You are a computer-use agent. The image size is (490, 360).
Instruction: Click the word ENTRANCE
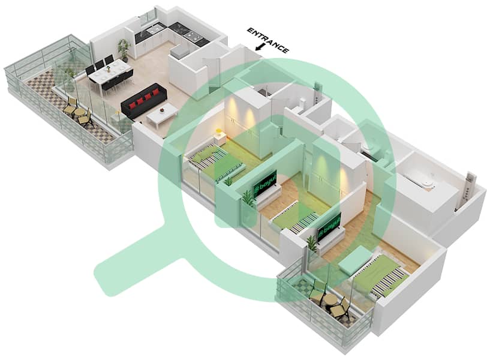pyautogui.click(x=268, y=40)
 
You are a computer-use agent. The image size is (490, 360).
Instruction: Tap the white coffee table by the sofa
pyautogui.click(x=162, y=113)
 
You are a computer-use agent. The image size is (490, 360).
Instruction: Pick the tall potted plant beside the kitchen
pyautogui.click(x=124, y=48)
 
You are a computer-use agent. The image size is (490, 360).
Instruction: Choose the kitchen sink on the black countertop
pyautogui.click(x=154, y=28)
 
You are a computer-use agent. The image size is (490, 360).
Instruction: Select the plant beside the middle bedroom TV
pyautogui.click(x=248, y=200)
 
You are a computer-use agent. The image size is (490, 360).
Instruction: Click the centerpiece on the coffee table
pyautogui.click(x=163, y=110)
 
